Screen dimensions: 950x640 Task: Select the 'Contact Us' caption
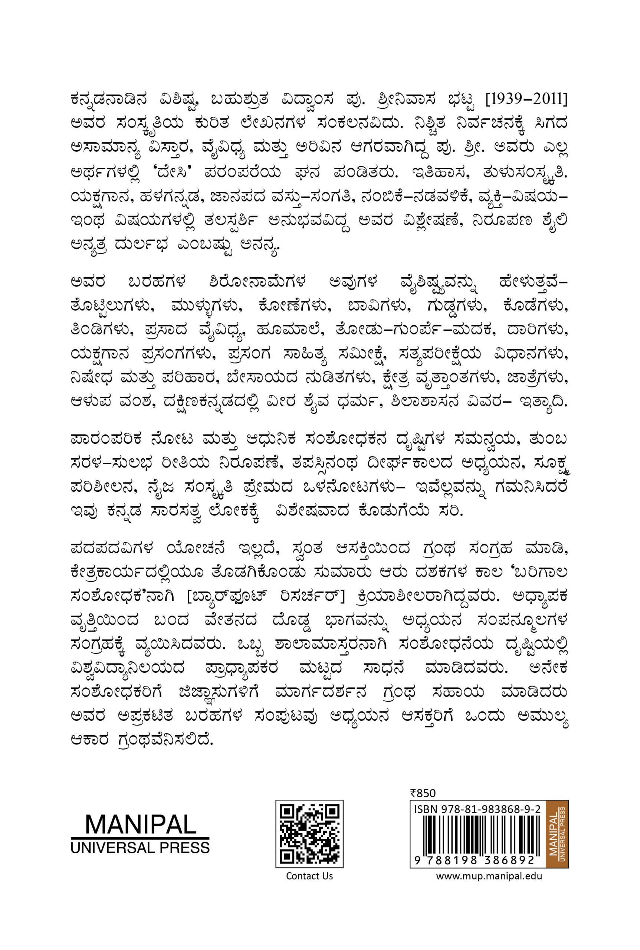pyautogui.click(x=309, y=876)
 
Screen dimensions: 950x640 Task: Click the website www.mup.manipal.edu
pyautogui.click(x=489, y=876)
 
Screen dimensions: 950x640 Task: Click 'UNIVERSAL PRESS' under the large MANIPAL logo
pyautogui.click(x=140, y=848)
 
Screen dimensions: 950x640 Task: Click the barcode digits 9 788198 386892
pyautogui.click(x=475, y=860)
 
